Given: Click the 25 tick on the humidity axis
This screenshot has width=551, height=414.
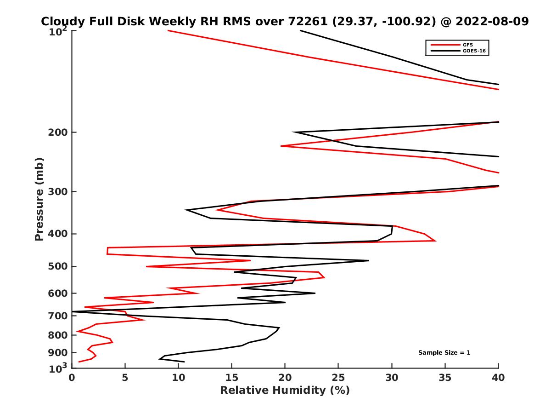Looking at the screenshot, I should [x=338, y=378].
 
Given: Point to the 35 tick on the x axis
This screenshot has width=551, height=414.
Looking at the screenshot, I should [x=445, y=378].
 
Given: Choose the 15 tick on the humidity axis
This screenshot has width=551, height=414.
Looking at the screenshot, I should [x=231, y=378].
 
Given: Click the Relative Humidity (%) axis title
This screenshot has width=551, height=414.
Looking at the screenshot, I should [x=285, y=391].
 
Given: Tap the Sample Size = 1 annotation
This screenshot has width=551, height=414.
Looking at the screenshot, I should [x=444, y=353].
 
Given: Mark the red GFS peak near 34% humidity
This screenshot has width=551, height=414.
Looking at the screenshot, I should [x=435, y=241].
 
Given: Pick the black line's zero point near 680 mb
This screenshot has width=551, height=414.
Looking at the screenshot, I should [x=73, y=312].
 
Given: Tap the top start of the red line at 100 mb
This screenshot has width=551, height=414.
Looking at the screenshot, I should [x=168, y=30].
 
